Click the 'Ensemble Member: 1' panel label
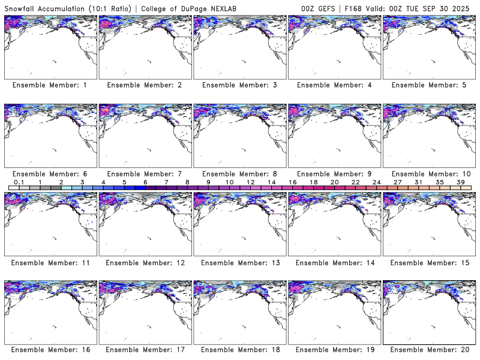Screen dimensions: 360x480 [x=50, y=85]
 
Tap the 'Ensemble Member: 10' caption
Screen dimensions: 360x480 [x=429, y=174]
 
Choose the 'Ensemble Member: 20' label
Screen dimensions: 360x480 [x=429, y=350]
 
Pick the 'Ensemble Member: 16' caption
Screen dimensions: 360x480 [x=50, y=350]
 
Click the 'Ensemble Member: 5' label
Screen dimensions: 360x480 [x=429, y=85]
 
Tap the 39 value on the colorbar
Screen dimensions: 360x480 [x=460, y=181]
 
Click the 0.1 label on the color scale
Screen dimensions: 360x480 [x=19, y=181]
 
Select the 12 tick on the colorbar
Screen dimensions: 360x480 [x=250, y=181]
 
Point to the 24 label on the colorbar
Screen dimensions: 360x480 [x=376, y=181]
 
